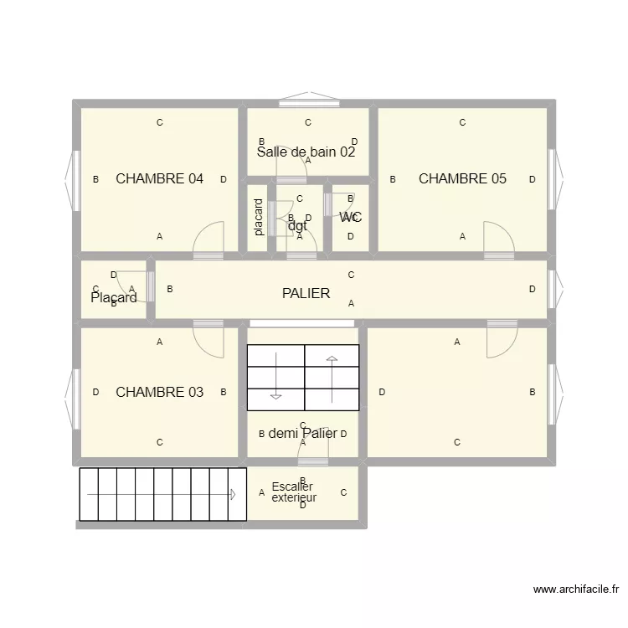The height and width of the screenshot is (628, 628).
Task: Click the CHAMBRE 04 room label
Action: [x=159, y=178]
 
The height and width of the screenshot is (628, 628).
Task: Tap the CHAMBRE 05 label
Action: [x=462, y=178]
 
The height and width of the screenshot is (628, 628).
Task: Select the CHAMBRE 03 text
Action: [x=159, y=392]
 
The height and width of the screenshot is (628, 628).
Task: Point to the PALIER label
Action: [x=306, y=294]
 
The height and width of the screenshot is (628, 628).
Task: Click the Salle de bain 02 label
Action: [x=306, y=152]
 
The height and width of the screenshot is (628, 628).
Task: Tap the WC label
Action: [x=350, y=218]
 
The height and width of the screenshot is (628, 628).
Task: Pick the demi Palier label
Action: [x=302, y=433]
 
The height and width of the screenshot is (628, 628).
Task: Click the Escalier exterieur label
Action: [x=293, y=492]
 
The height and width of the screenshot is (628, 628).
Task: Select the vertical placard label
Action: [x=259, y=217]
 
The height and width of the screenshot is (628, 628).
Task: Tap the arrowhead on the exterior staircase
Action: [x=233, y=494]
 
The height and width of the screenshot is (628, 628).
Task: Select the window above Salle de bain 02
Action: [x=309, y=103]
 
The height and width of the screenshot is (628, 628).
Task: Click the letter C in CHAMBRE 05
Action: [x=462, y=122]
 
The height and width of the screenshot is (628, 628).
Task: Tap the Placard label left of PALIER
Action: [x=114, y=298]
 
